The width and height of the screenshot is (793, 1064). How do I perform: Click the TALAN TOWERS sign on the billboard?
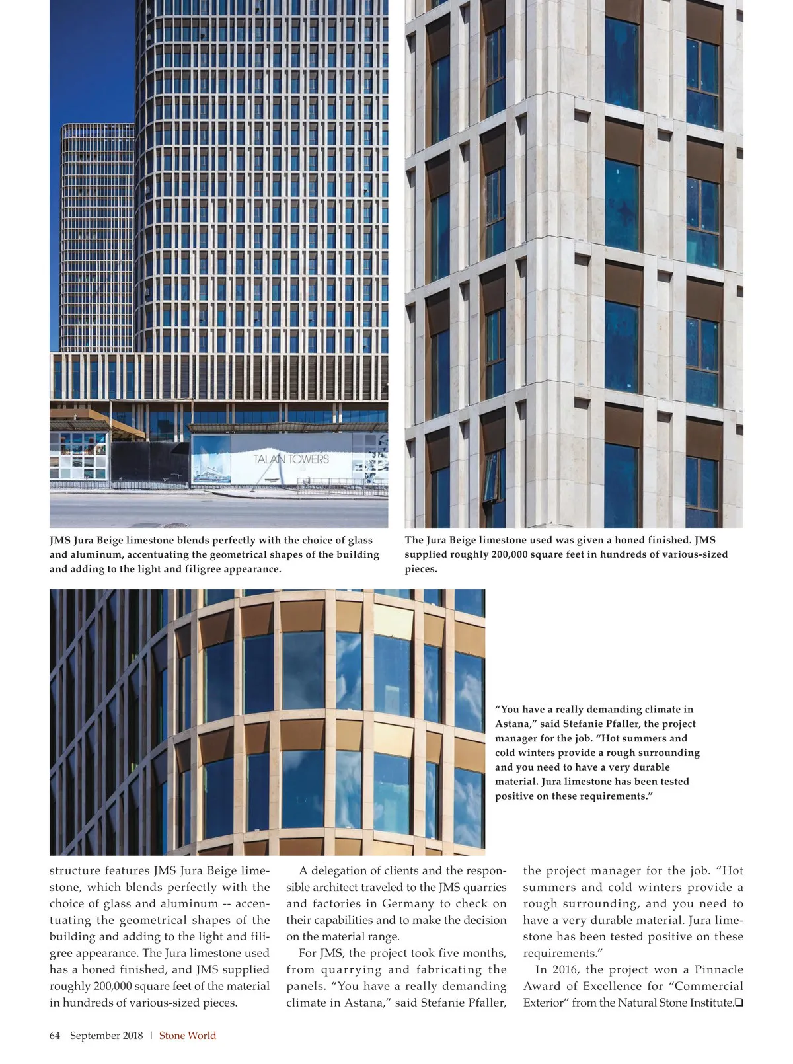tap(291, 459)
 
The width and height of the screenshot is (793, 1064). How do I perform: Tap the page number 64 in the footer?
tap(55, 1036)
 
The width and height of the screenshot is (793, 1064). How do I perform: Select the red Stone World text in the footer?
tap(188, 1036)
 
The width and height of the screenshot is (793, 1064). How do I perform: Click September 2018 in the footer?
tap(106, 1036)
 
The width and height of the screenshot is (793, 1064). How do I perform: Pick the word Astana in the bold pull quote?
tap(513, 724)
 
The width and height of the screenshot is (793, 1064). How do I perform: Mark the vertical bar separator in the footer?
tap(151, 1036)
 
